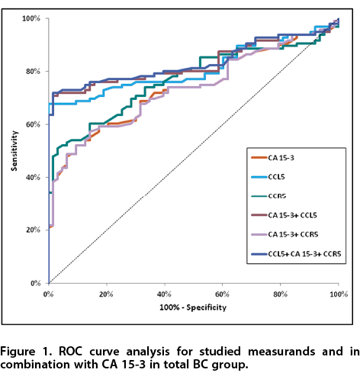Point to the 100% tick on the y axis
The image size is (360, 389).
[31, 18]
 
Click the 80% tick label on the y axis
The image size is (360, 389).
[33, 72]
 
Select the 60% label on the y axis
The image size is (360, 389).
[33, 124]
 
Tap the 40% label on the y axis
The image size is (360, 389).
[33, 177]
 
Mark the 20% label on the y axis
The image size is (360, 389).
[33, 230]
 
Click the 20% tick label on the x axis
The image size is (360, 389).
[106, 294]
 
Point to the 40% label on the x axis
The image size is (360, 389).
[164, 294]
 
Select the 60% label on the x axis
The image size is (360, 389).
[222, 294]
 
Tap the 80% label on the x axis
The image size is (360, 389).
[280, 294]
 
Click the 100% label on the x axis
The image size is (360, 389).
[339, 294]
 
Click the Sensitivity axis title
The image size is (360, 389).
[14, 151]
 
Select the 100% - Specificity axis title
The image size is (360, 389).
[193, 307]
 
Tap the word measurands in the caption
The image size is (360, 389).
[281, 352]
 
